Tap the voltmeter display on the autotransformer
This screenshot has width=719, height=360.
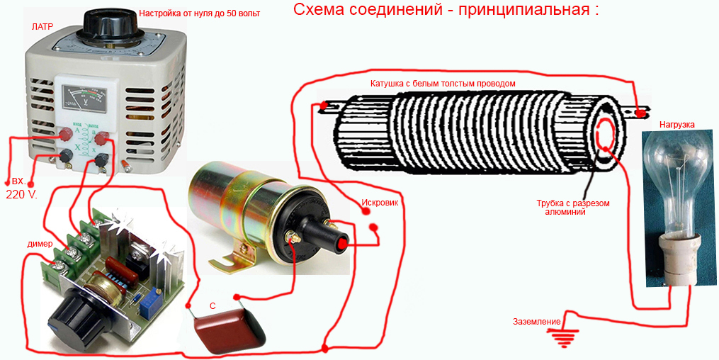click(86, 98)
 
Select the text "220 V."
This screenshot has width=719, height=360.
click(21, 193)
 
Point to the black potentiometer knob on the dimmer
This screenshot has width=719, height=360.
click(74, 317)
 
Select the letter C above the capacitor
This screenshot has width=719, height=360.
click(213, 306)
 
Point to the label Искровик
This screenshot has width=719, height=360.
click(380, 203)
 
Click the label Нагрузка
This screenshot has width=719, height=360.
click(676, 124)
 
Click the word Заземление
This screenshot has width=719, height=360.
click(536, 322)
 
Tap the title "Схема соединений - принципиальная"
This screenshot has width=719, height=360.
click(446, 10)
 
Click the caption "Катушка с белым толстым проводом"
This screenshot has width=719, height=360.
click(443, 84)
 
